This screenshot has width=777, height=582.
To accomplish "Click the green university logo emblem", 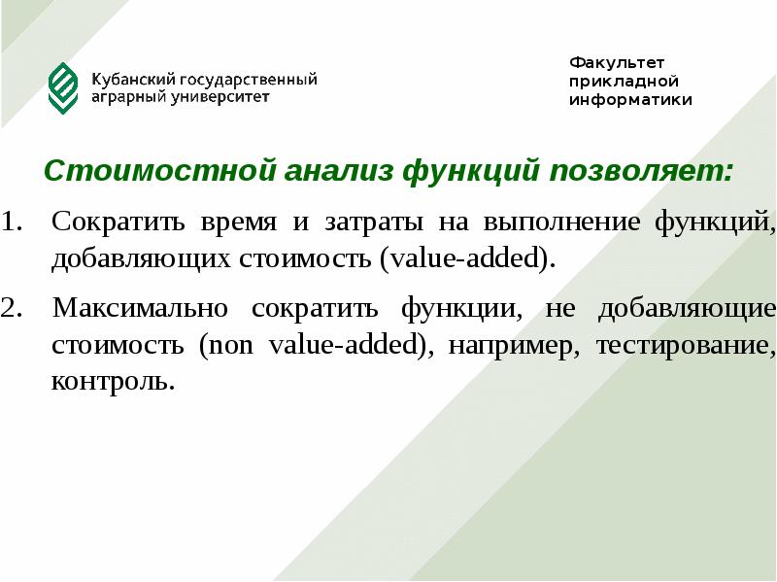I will [x=63, y=87].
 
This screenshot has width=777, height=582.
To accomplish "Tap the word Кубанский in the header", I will [x=127, y=79].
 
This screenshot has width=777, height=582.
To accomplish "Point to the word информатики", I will [x=630, y=99].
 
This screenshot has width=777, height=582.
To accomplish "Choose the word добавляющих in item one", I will [x=141, y=259].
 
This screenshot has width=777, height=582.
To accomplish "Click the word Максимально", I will [x=140, y=309].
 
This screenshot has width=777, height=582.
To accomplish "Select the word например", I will [x=511, y=346].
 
